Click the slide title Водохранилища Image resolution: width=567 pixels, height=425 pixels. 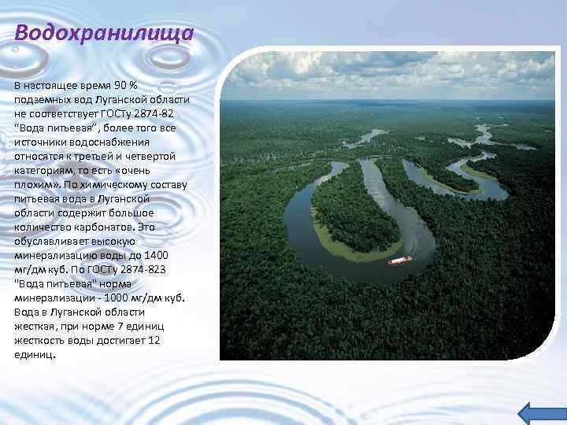point(104,35)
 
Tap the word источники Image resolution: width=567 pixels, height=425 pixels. point(39,142)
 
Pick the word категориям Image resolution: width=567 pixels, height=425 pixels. point(46,170)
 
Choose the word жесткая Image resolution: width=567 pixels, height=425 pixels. point(36,326)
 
